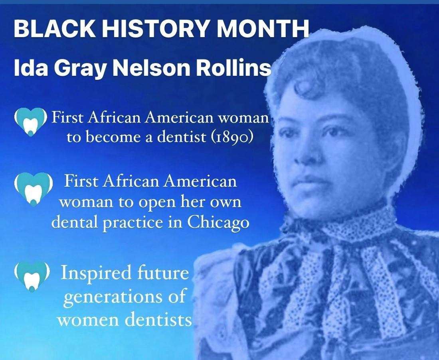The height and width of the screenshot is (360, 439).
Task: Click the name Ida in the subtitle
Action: tap(26, 68)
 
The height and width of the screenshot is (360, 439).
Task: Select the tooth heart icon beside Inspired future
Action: tap(30, 275)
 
